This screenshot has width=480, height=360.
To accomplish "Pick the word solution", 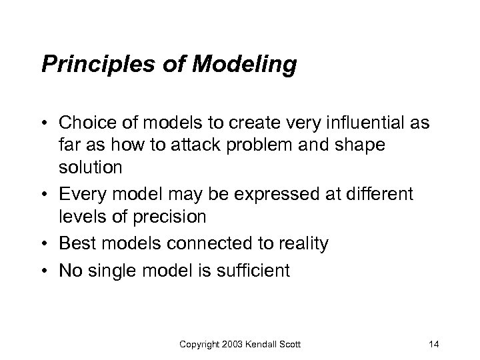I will click(x=89, y=167).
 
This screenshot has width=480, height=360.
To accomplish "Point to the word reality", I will click(x=303, y=243).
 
